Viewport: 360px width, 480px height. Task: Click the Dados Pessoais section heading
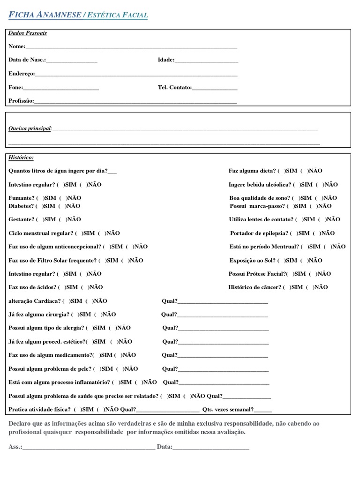tap(28, 33)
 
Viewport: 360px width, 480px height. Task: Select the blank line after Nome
tap(131, 47)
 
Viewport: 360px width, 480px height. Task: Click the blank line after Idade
tap(206, 60)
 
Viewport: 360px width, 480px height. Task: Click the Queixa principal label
tap(30, 128)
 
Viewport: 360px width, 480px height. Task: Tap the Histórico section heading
tap(21, 157)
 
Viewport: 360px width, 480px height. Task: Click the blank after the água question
tap(112, 172)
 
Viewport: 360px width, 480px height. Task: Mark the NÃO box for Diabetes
tap(64, 206)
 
